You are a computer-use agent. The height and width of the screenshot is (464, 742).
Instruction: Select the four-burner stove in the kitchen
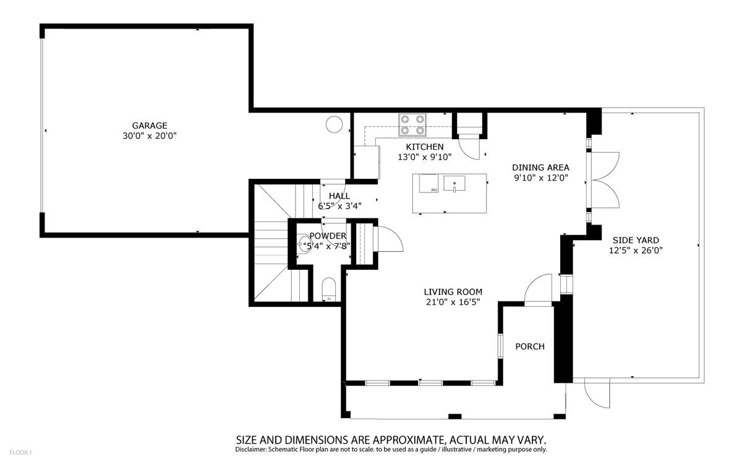tap(412, 124)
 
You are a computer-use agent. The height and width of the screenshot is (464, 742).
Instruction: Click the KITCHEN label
tap(424, 147)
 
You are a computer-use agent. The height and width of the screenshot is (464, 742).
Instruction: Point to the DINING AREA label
tap(540, 167)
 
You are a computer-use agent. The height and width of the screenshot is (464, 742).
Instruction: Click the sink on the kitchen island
tap(454, 184)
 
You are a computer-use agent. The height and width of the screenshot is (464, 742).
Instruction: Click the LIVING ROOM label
tap(453, 292)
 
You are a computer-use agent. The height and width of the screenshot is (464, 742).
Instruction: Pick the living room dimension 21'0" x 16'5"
tap(453, 303)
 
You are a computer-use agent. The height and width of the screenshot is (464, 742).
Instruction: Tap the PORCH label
tap(530, 346)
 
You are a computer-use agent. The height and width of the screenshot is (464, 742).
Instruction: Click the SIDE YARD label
tap(635, 240)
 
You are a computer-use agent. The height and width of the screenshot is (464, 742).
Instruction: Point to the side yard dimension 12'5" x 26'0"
tap(635, 251)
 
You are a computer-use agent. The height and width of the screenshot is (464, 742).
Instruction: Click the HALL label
tap(339, 196)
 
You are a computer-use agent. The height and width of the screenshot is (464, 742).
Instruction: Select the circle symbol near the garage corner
tap(333, 124)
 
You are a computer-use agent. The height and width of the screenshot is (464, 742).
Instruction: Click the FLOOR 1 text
tap(20, 453)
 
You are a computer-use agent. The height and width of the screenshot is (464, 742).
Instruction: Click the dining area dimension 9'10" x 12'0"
tap(540, 178)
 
